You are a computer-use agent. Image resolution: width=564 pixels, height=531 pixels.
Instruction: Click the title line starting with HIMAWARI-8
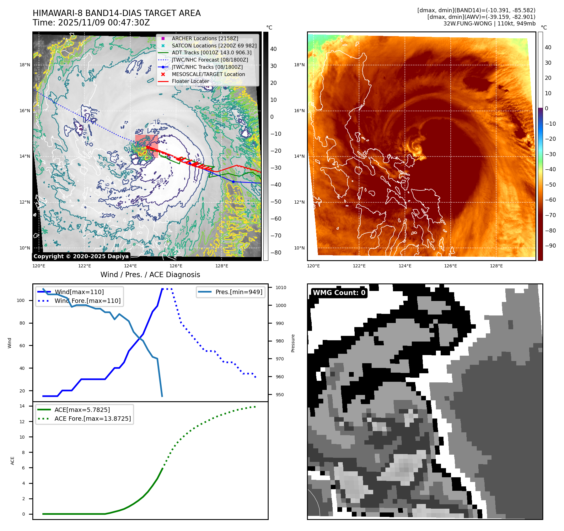[x=116, y=13]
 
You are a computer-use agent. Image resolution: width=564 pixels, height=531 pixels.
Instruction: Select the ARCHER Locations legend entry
[x=205, y=38]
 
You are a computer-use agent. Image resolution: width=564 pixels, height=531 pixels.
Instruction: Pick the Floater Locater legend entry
[x=190, y=81]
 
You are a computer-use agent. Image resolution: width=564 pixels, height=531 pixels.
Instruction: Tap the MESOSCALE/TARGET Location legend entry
[x=208, y=74]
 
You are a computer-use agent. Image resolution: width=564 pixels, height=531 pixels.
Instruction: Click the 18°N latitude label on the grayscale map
[x=25, y=65]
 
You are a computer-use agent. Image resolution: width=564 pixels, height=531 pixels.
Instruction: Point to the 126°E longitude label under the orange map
[x=450, y=266]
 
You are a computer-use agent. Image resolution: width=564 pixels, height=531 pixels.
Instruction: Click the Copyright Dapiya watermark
[x=81, y=256]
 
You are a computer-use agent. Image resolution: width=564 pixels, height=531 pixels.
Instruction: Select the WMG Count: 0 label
[x=339, y=293]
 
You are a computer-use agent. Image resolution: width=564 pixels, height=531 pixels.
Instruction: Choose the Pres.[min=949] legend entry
[x=239, y=292]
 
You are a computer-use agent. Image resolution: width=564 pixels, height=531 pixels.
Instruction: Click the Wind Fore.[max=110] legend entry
[x=87, y=301]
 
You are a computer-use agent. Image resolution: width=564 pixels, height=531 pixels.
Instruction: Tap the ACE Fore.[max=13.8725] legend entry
[x=93, y=419]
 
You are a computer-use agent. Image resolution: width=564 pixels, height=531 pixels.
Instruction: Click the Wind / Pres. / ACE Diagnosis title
[x=150, y=275]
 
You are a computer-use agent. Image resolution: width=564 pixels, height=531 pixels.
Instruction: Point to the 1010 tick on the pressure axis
[x=281, y=287]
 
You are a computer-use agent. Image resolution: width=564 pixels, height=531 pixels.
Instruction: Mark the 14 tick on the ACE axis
[x=22, y=406]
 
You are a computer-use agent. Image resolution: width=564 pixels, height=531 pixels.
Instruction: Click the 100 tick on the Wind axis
[x=21, y=300]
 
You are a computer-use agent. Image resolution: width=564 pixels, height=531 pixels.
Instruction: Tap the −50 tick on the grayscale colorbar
[x=276, y=202]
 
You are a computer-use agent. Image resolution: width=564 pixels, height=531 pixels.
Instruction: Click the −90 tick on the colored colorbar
[x=550, y=246]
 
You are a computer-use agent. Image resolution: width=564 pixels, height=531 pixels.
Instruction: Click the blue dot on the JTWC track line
[x=233, y=182]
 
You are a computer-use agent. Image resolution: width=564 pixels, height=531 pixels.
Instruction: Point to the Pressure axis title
[x=293, y=343]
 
